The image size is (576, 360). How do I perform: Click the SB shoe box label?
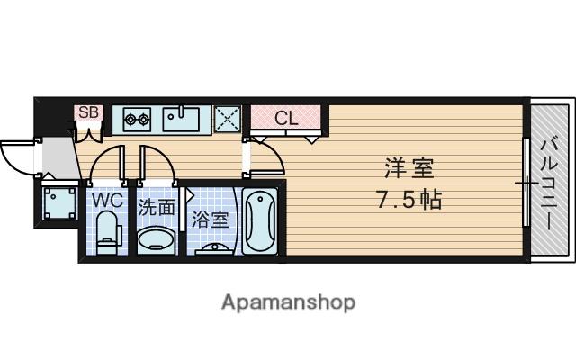pyautogui.click(x=88, y=112)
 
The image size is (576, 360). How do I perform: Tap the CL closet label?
pyautogui.click(x=285, y=117)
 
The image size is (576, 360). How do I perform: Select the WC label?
pyautogui.click(x=106, y=200)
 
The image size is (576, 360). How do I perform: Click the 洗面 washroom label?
pyautogui.click(x=157, y=206)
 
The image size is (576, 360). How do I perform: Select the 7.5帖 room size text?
pyautogui.click(x=408, y=199)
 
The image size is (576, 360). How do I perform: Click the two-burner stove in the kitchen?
pyautogui.click(x=137, y=118)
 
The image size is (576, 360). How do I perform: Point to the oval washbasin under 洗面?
pyautogui.click(x=158, y=240)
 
